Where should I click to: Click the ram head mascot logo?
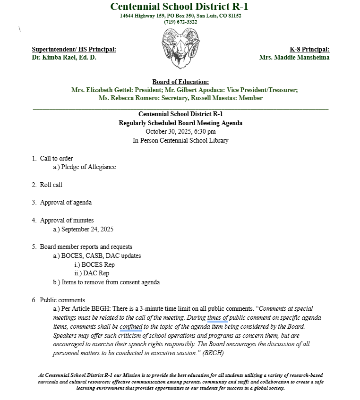[x=180, y=49]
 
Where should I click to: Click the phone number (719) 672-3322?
[x=180, y=22]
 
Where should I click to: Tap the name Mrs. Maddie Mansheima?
[x=294, y=58]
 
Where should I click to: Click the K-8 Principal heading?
[x=309, y=49]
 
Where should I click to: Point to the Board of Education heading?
[x=180, y=82]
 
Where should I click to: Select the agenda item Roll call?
[x=51, y=185]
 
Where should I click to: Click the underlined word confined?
[x=131, y=326]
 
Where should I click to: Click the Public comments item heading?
[x=62, y=300]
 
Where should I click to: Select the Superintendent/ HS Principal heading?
[x=74, y=49]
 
